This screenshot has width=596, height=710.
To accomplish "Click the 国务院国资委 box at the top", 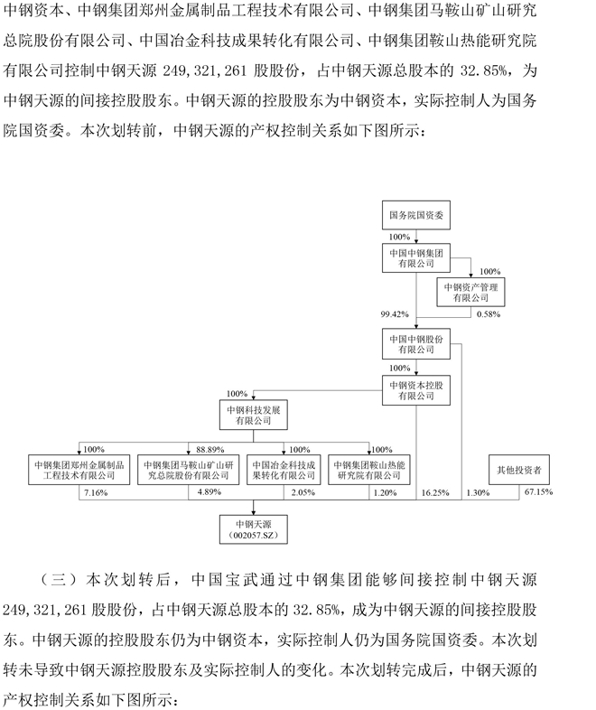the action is (x=416, y=215).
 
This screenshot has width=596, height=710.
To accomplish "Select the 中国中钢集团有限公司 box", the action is (x=416, y=257).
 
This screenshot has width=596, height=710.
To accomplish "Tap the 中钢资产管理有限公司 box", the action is (x=470, y=292).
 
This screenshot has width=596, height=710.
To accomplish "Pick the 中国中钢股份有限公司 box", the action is (x=416, y=344).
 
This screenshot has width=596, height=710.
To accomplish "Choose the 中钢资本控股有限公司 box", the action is (x=416, y=390).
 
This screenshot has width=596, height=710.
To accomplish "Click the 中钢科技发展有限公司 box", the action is (x=254, y=415).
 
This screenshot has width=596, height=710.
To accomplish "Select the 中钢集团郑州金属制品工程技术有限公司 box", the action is (x=79, y=470).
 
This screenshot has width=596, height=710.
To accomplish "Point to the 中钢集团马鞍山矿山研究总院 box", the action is (x=188, y=470).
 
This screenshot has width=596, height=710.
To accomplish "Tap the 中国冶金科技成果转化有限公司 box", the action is (x=284, y=470).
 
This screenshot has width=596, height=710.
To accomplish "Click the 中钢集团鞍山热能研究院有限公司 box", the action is (x=369, y=470).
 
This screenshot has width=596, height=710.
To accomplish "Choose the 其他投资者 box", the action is (x=519, y=470).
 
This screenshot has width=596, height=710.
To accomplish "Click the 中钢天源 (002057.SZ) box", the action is (x=254, y=529).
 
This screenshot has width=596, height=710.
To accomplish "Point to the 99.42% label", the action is (x=395, y=314).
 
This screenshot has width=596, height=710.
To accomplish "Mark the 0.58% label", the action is (x=489, y=314).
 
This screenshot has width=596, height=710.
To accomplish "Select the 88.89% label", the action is (x=210, y=450).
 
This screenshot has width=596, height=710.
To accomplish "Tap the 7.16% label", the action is (x=96, y=492).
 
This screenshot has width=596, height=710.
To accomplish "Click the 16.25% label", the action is (x=435, y=492).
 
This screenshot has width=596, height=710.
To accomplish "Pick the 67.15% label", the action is (x=538, y=491).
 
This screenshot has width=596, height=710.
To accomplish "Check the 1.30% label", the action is (x=478, y=492).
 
